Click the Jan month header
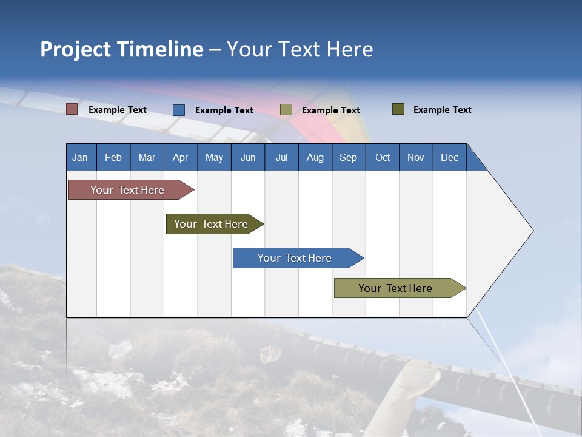[x=81, y=157]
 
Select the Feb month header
[x=113, y=157]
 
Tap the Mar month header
[x=147, y=157]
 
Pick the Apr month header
[x=181, y=157]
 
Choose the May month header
[x=214, y=157]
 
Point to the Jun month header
[x=248, y=157]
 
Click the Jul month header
[x=281, y=157]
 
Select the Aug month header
[x=315, y=157]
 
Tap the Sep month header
[x=349, y=157]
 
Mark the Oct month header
[x=383, y=157]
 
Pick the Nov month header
[x=416, y=157]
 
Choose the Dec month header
[x=450, y=157]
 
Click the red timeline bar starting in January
[x=128, y=190]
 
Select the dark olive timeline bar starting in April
[x=212, y=224]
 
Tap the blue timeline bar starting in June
[x=295, y=258]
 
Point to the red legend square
[x=72, y=109]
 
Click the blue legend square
[x=179, y=110]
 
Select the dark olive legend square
[x=398, y=109]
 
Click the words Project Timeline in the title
[x=122, y=49]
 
